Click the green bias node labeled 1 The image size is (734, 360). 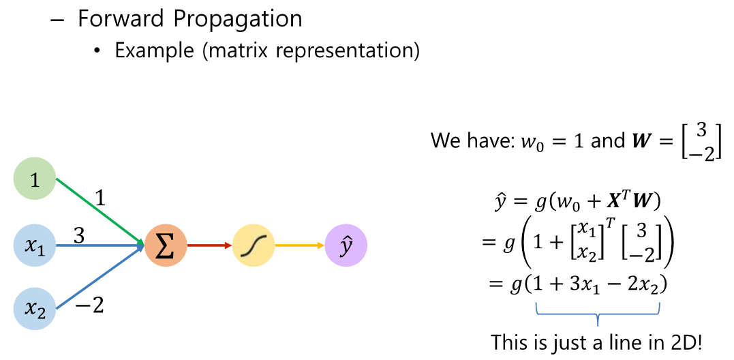34,179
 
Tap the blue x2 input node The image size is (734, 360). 34,309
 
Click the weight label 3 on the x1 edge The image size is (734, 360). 79,235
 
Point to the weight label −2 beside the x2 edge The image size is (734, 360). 89,306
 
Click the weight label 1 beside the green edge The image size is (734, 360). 101,198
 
